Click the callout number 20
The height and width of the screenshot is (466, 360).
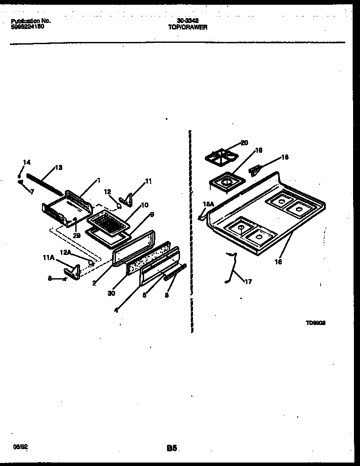[244, 143]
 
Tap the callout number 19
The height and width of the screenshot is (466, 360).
[259, 151]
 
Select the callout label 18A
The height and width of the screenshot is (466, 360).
[209, 204]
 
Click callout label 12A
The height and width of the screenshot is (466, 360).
[66, 252]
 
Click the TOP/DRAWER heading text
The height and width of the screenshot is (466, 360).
[187, 27]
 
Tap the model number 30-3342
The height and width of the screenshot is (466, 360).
[188, 21]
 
